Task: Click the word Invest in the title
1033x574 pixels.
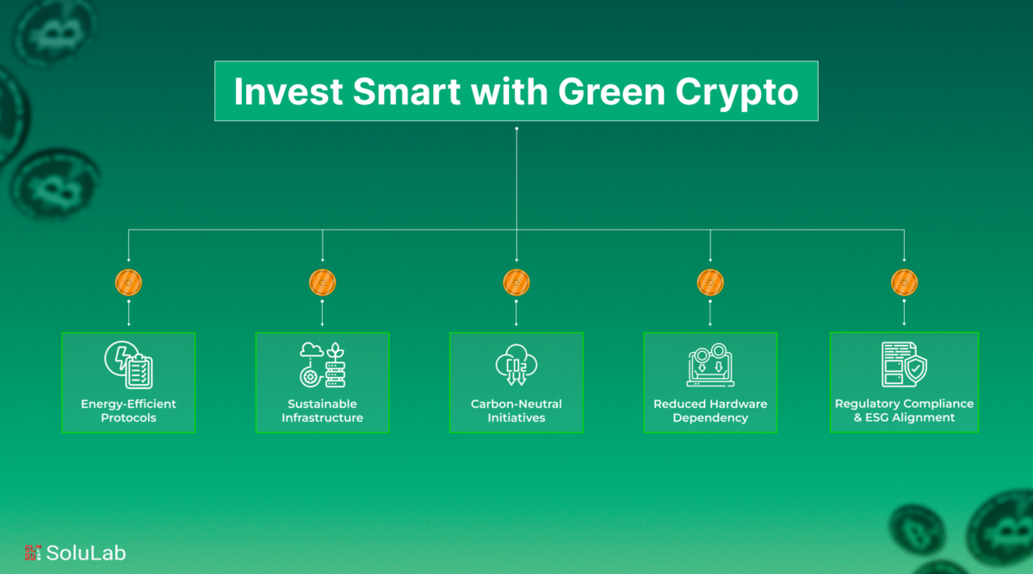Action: tap(288, 91)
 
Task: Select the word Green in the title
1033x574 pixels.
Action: tap(611, 91)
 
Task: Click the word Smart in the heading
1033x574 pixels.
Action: tap(406, 91)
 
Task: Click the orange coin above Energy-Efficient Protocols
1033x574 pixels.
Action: tap(128, 282)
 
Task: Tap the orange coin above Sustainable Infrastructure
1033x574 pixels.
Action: tap(322, 282)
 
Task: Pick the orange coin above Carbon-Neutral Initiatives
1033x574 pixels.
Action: tap(516, 282)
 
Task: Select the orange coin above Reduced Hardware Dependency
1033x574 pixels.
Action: tap(710, 282)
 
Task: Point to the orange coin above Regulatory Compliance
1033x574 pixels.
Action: tap(905, 282)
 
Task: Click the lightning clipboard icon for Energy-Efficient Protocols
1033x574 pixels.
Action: tap(128, 365)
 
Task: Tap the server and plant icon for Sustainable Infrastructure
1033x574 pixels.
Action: tap(322, 365)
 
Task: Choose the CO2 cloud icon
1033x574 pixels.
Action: tap(516, 364)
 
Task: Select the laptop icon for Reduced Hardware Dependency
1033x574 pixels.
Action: tap(710, 365)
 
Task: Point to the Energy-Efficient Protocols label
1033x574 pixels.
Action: tap(128, 410)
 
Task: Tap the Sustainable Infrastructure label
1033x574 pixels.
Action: tap(322, 410)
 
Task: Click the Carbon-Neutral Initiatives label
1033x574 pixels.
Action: tap(516, 410)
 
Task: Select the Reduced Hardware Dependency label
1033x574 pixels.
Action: tap(710, 410)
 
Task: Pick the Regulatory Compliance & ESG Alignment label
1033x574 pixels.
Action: tap(905, 410)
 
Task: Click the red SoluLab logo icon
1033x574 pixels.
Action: tap(33, 552)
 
